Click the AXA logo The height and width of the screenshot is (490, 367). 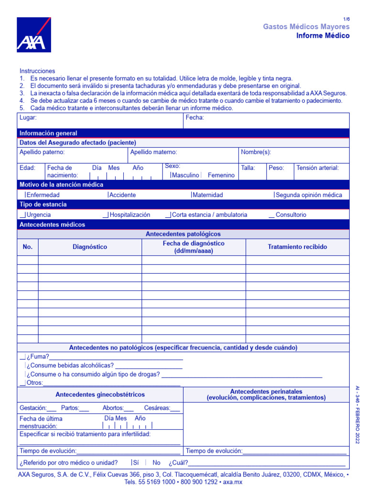(34, 35)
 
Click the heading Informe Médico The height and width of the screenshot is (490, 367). (323, 36)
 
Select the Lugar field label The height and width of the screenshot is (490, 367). (28, 118)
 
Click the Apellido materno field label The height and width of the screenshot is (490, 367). (153, 152)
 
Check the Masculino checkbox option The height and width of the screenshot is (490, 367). (184, 175)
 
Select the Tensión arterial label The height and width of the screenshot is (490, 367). (317, 168)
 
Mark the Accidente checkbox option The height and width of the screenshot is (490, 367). (122, 195)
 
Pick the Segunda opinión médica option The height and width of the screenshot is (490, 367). (308, 195)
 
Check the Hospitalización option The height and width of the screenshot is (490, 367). (129, 215)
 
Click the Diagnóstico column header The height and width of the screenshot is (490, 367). (90, 247)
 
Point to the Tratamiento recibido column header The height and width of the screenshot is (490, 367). (297, 247)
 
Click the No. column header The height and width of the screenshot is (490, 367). (28, 247)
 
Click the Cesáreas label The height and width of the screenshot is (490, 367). (157, 408)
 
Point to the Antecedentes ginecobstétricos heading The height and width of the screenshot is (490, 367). (100, 395)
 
